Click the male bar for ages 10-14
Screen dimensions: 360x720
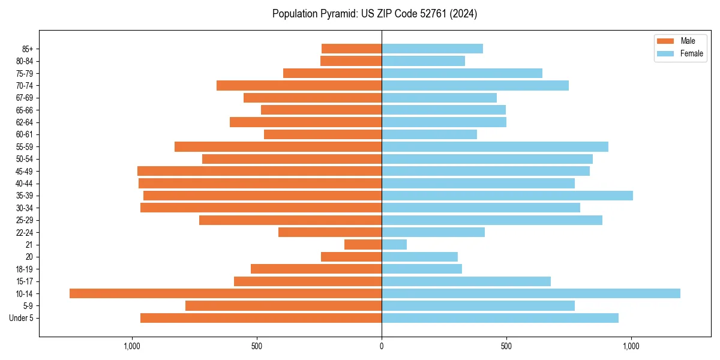click(226, 293)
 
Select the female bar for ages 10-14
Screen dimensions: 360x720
click(531, 293)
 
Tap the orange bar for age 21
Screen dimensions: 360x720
click(363, 244)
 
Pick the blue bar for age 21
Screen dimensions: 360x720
click(394, 244)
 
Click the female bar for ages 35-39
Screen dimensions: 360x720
click(507, 196)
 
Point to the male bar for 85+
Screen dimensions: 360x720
click(352, 49)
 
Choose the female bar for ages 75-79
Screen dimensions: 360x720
click(462, 73)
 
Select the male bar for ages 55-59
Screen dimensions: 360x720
click(278, 146)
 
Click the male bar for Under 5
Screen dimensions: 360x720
click(261, 318)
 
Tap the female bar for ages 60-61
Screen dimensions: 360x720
click(429, 134)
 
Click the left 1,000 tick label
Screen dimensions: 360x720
click(131, 346)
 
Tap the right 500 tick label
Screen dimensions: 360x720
click(506, 346)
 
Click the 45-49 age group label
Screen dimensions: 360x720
click(25, 171)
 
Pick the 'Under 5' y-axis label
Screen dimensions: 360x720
click(21, 318)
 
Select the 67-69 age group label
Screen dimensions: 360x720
click(25, 98)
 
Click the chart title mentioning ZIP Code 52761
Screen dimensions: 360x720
click(374, 14)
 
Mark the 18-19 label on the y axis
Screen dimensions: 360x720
click(25, 269)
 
